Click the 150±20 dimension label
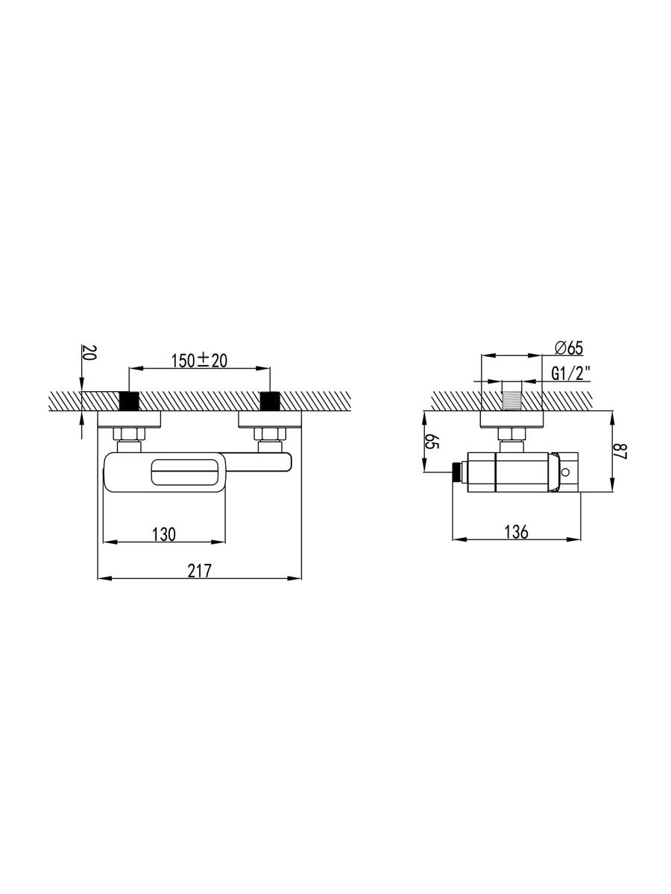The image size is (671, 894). [199, 361]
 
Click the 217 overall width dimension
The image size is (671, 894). [200, 571]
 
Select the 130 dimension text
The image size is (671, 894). [164, 534]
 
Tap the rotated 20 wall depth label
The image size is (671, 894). [89, 352]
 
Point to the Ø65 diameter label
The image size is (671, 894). [569, 348]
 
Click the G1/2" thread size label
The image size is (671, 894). [570, 373]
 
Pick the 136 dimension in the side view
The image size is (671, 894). [516, 532]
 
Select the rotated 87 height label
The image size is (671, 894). [620, 451]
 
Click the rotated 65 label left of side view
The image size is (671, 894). [432, 441]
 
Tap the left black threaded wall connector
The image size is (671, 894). [129, 401]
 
